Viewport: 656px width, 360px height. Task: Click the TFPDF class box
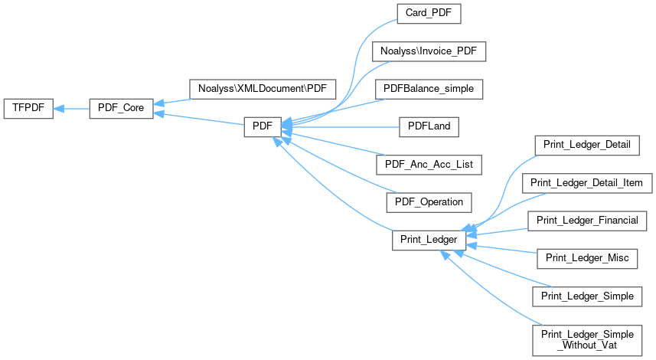tap(28, 109)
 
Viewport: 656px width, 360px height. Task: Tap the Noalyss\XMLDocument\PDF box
tap(262, 88)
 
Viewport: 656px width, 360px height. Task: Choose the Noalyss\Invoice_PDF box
tap(429, 51)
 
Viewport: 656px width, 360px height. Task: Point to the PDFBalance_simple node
tap(429, 89)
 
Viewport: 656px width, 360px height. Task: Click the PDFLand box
tap(429, 126)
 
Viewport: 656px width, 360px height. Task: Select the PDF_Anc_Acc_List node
tap(429, 164)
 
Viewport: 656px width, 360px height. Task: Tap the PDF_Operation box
tap(429, 201)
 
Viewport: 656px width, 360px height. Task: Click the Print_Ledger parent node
tap(429, 240)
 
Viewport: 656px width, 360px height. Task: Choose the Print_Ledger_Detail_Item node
tap(587, 183)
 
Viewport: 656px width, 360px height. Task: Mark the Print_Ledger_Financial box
tap(587, 221)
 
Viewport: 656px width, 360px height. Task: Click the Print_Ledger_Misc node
tap(587, 258)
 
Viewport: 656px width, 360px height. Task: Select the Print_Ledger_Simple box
tap(587, 296)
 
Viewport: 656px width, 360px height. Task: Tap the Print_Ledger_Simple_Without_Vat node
tap(587, 339)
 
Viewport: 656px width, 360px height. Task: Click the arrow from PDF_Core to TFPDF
tap(70, 109)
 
